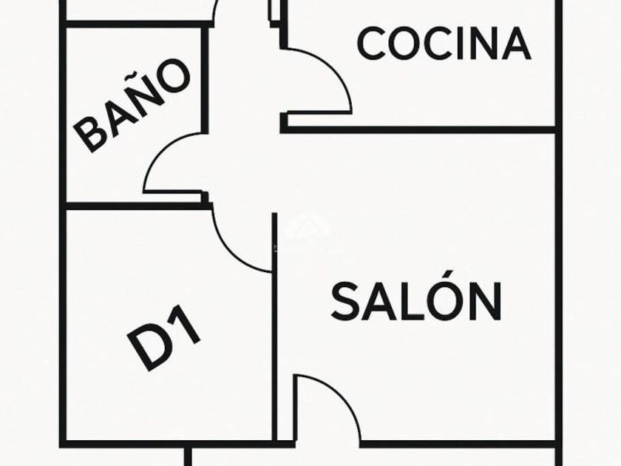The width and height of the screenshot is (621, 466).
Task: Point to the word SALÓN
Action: [416, 300]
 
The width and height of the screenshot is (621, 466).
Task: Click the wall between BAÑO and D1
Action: [133, 206]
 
